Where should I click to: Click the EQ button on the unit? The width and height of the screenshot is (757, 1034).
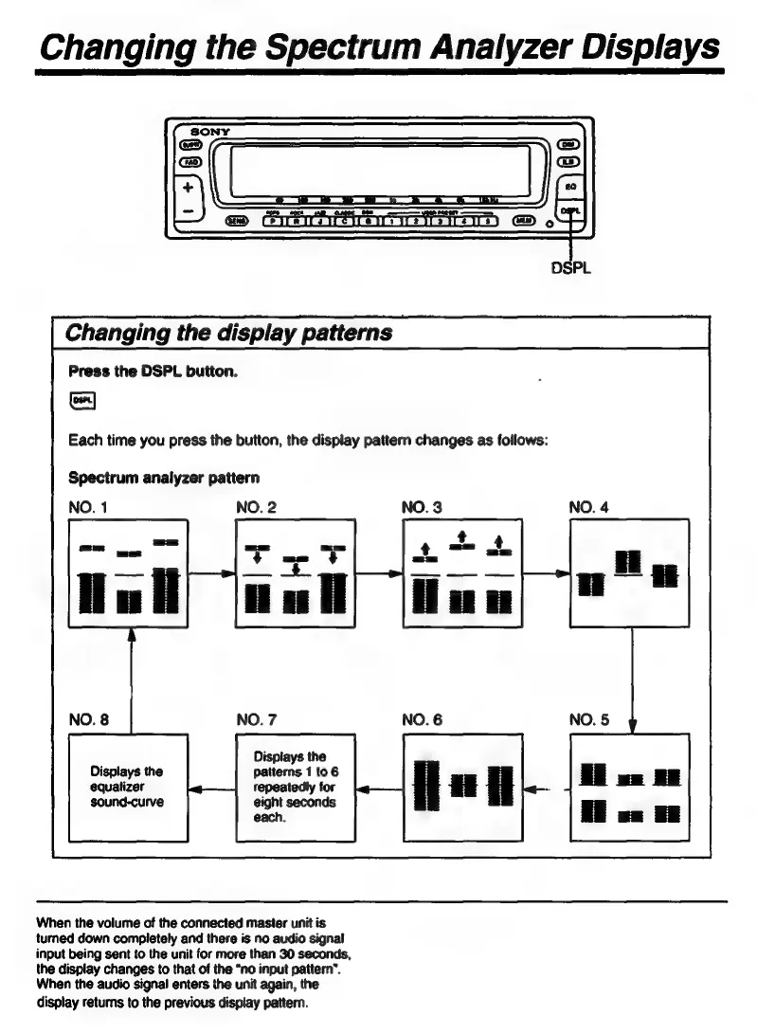click(x=568, y=187)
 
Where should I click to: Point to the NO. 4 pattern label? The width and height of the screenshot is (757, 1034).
click(x=588, y=507)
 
